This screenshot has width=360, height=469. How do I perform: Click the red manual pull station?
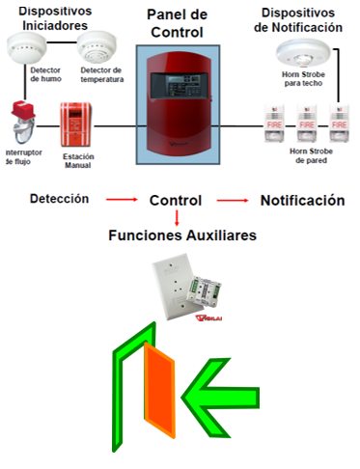[x=77, y=124]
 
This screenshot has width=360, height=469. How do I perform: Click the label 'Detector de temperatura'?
[x=101, y=74]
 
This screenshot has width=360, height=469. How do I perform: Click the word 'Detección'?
[x=60, y=199]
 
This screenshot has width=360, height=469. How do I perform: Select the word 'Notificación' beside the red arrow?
[x=301, y=201]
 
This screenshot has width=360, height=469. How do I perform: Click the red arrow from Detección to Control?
[x=122, y=201]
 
